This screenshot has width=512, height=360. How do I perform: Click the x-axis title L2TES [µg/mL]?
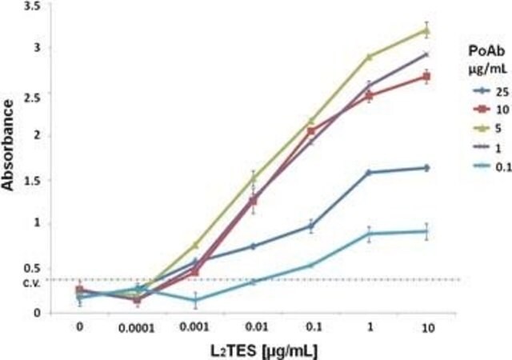coord(254,350)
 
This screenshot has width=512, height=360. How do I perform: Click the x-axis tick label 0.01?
coord(254,326)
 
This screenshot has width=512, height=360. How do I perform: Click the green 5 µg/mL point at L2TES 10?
coord(426,30)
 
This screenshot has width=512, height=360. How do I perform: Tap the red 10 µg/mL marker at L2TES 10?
coord(426,77)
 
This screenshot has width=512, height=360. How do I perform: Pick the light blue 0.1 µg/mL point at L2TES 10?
coord(426,231)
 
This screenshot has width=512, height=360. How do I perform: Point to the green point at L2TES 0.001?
coord(196,244)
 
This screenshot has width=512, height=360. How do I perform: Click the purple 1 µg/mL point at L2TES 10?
coord(426,54)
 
